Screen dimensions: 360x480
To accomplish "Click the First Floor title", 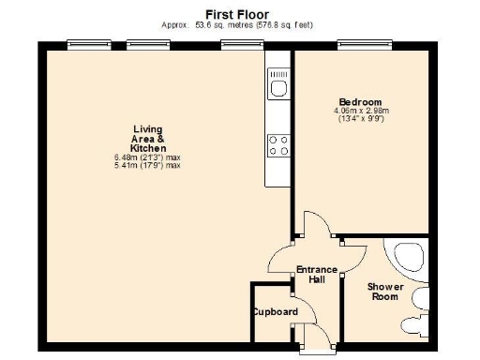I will click(x=237, y=14).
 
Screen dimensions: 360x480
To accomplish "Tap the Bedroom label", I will click(x=360, y=101).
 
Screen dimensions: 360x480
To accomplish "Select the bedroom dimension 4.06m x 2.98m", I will click(x=360, y=111).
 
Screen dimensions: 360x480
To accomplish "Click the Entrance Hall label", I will click(x=316, y=276).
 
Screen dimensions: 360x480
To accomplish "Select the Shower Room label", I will click(x=384, y=292).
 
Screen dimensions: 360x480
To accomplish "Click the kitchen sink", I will click(x=278, y=89).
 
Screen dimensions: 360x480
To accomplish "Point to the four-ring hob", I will click(x=278, y=145).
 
